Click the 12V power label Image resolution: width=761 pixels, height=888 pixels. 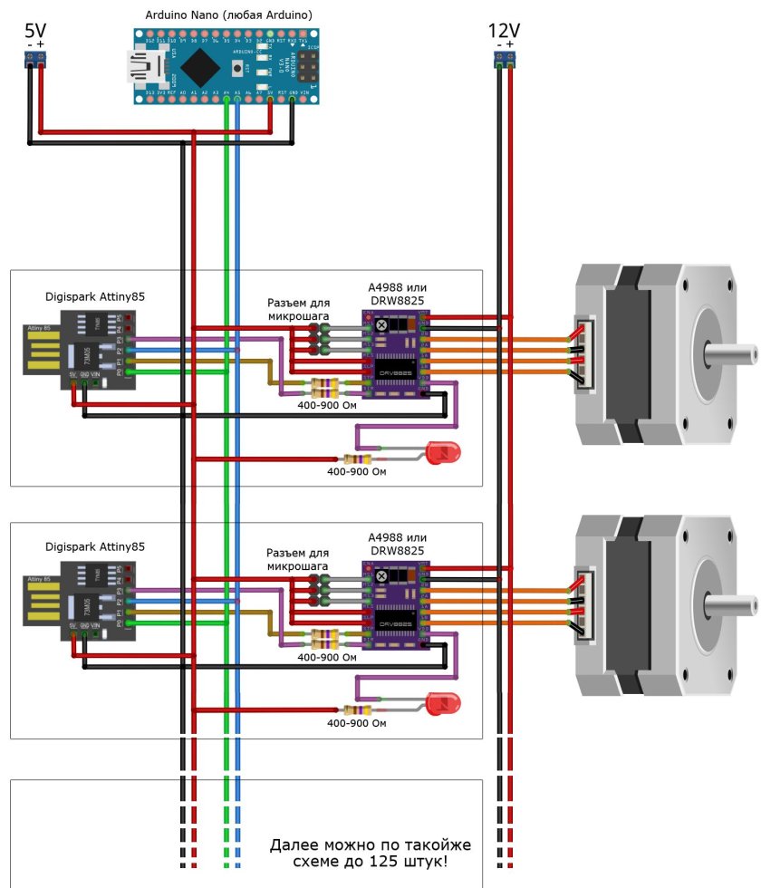tap(504, 31)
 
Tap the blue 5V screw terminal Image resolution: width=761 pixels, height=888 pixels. tap(36, 60)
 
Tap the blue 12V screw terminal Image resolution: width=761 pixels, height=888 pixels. tap(505, 60)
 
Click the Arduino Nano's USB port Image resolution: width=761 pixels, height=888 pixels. tap(143, 65)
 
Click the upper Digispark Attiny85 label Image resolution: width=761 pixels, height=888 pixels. tap(95, 295)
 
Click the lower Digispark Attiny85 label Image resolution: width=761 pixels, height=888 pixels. tap(95, 547)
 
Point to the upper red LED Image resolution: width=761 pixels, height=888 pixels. tap(443, 450)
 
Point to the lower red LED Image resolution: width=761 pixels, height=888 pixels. tap(443, 702)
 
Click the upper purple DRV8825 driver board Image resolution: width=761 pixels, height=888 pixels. tap(396, 354)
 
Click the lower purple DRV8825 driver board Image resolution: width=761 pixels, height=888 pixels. tap(396, 605)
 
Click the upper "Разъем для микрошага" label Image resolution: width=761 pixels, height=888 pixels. tap(298, 308)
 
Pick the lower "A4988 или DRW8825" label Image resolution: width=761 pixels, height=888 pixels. tap(397, 545)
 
